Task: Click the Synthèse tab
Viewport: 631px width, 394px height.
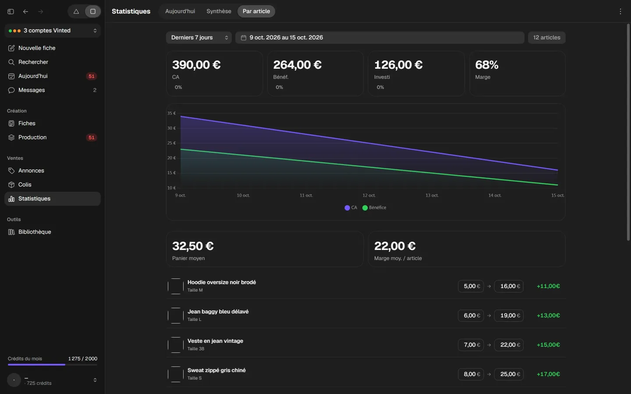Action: (x=219, y=11)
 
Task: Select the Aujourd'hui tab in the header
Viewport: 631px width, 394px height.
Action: (x=180, y=11)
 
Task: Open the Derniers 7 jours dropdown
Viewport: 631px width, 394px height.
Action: (x=199, y=38)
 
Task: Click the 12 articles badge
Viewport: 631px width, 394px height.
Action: (x=546, y=38)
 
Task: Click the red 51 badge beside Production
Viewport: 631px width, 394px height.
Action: (x=91, y=137)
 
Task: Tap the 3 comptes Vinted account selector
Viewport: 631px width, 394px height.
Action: (x=53, y=31)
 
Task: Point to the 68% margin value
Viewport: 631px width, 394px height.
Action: (x=486, y=65)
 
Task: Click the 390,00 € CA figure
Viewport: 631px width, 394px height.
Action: (x=196, y=65)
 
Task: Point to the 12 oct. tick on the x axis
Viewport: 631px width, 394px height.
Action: (x=369, y=195)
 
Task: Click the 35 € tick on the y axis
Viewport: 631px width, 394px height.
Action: (x=171, y=113)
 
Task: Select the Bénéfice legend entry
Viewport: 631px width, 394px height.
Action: (x=374, y=208)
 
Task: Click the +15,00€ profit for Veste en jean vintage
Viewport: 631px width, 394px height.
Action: (x=548, y=345)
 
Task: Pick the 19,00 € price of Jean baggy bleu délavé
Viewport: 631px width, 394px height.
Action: (x=509, y=316)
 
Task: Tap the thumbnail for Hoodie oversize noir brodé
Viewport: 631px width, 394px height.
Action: (x=175, y=286)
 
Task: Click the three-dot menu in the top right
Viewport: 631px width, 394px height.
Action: (x=620, y=11)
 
